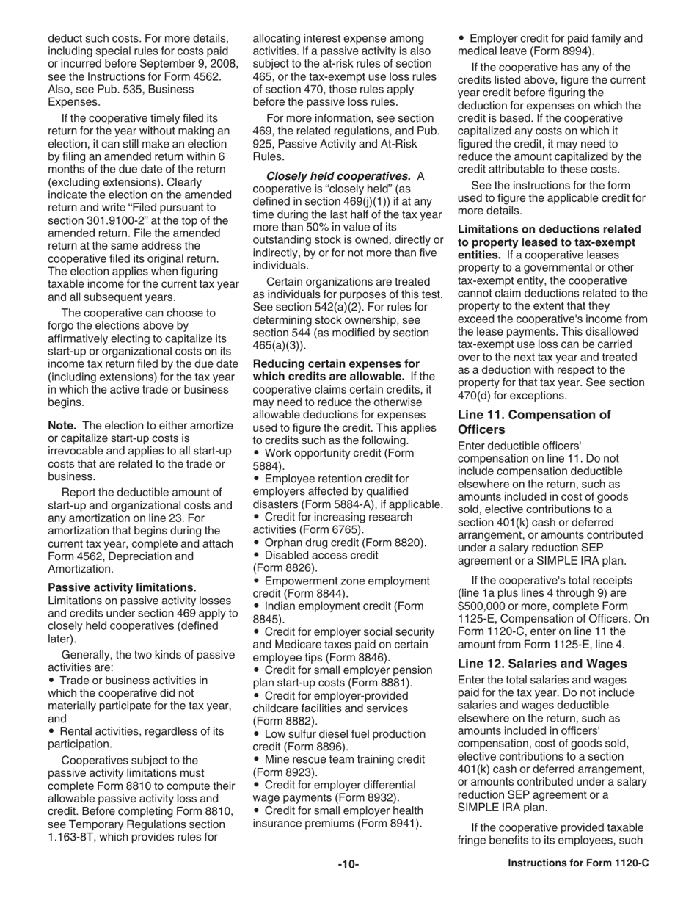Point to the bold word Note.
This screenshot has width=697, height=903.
click(x=63, y=425)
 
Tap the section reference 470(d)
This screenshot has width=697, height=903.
click(x=478, y=396)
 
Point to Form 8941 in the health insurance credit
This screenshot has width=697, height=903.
click(x=392, y=823)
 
